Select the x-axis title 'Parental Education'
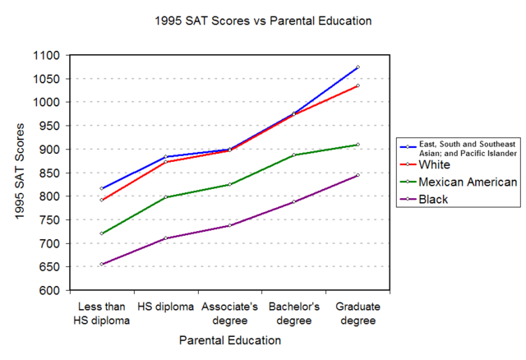click(x=229, y=339)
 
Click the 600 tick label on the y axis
click(x=48, y=291)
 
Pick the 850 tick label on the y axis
click(x=48, y=173)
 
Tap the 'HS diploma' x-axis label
click(x=165, y=307)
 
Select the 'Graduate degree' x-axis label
click(x=358, y=314)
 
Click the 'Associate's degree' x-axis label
click(x=229, y=314)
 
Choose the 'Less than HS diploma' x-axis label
click(x=101, y=314)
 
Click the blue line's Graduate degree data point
click(x=358, y=67)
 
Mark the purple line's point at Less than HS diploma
click(x=102, y=264)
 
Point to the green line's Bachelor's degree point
click(x=293, y=155)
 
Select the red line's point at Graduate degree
click(x=358, y=85)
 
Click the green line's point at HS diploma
click(x=165, y=197)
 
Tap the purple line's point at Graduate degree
click(x=358, y=175)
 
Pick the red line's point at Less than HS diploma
click(x=102, y=200)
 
